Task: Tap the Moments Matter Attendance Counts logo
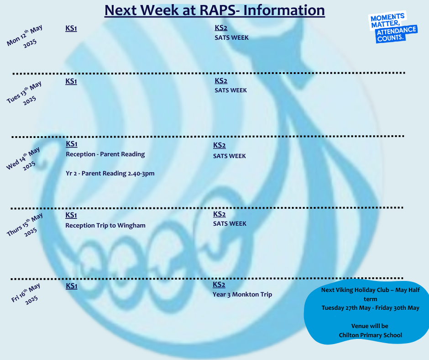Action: [x=393, y=27]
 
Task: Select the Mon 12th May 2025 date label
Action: [x=25, y=37]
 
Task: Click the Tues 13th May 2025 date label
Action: [x=25, y=93]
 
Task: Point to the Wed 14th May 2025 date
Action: [x=24, y=159]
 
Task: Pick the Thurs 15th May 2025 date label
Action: [x=25, y=225]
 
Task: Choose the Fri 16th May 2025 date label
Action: [x=26, y=294]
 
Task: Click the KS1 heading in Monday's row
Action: [x=71, y=28]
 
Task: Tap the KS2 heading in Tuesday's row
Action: [x=221, y=81]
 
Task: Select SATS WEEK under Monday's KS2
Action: [x=231, y=37]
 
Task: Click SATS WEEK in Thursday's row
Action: [x=230, y=223]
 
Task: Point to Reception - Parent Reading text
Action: [x=105, y=154]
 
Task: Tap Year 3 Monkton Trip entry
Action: [x=242, y=295]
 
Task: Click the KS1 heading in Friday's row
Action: [x=72, y=286]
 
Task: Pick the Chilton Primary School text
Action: [x=371, y=335]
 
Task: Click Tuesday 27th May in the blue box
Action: [x=346, y=307]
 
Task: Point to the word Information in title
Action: [x=284, y=11]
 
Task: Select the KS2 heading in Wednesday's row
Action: [x=220, y=145]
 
